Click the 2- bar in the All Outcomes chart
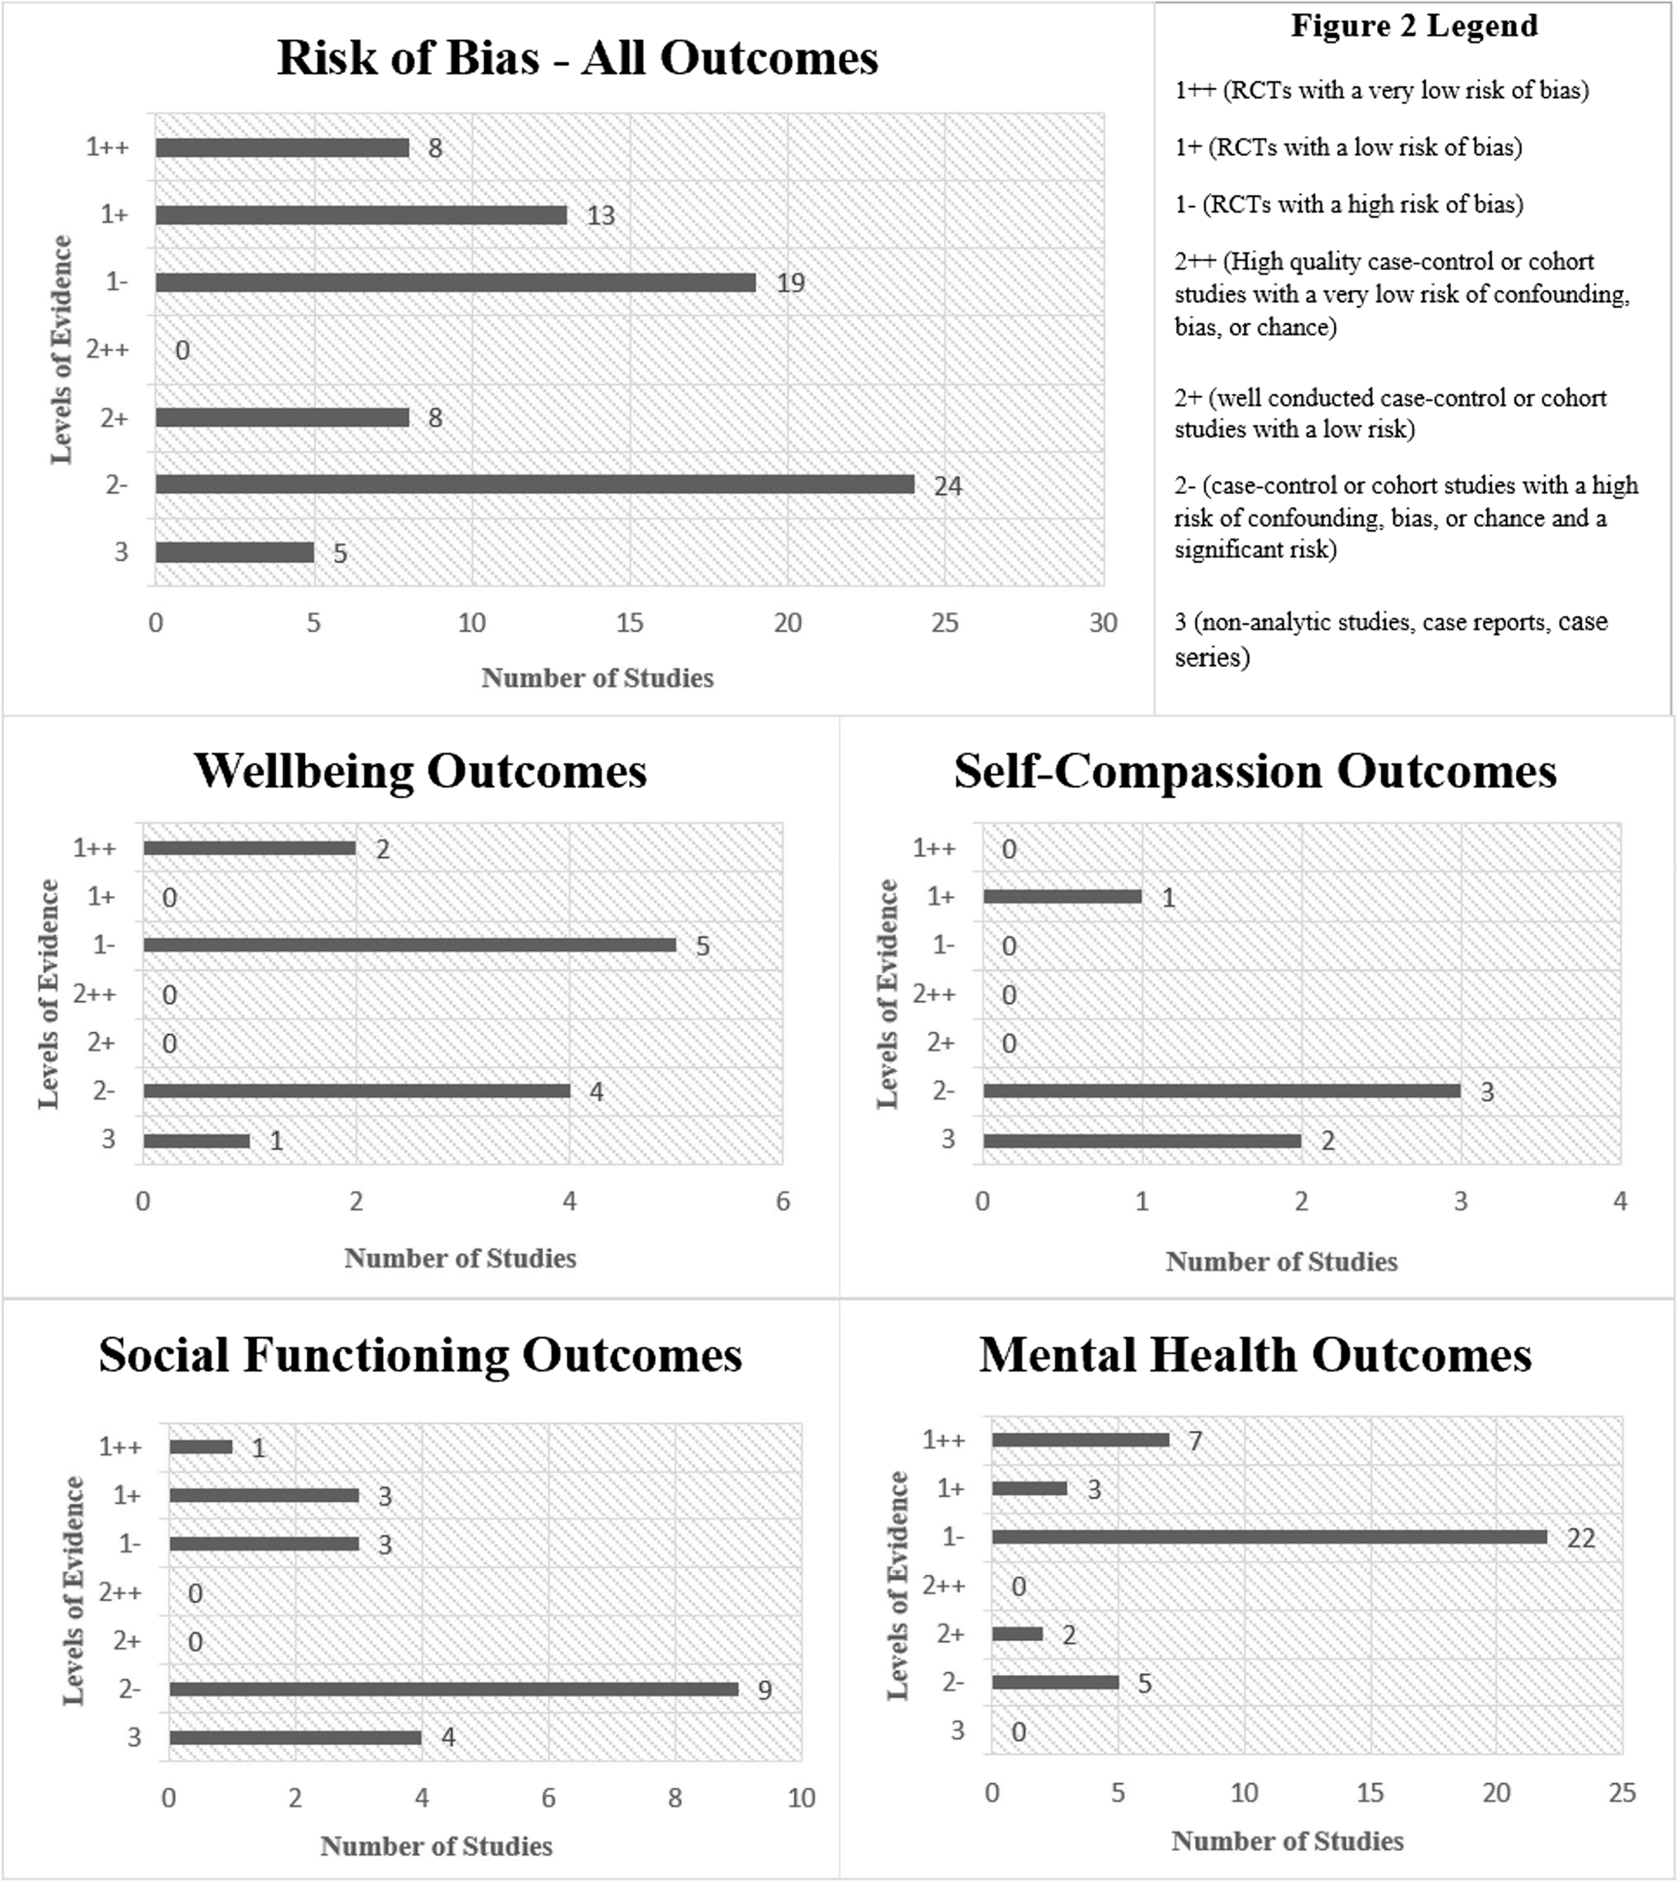pos(535,484)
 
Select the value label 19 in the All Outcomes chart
pos(790,283)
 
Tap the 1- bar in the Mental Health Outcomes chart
pos(1269,1537)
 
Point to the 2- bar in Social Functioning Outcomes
pos(454,1689)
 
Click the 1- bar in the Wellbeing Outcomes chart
pos(409,944)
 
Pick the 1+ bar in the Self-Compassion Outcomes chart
pos(1062,896)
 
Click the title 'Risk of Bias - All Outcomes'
pos(577,58)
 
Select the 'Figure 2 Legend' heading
pos(1413,26)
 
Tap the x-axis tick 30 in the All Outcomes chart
pos(1103,623)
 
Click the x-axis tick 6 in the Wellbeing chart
pos(783,1201)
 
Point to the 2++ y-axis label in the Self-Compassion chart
pos(934,994)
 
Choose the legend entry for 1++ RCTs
pos(1381,90)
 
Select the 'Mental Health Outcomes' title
pos(1255,1356)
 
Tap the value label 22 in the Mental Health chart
pos(1580,1538)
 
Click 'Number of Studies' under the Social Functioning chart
pos(436,1845)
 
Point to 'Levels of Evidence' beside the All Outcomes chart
pos(61,350)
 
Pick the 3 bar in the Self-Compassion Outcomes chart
pos(1142,1140)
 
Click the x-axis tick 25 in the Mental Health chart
pos(1621,1792)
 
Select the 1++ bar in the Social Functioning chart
pos(201,1447)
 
